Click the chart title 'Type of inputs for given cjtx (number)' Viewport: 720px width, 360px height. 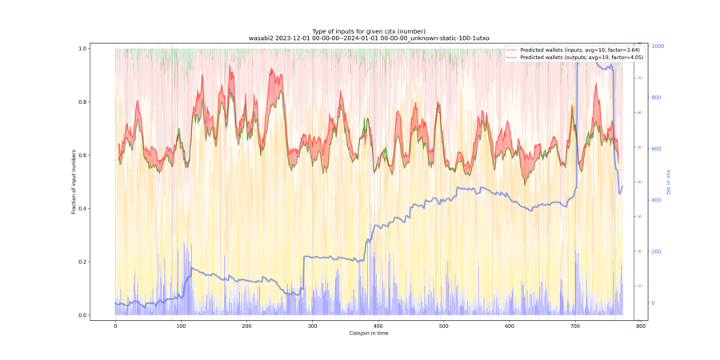coord(369,31)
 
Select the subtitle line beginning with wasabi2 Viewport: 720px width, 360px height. coord(369,38)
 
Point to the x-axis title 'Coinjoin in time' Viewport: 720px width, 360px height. coord(369,334)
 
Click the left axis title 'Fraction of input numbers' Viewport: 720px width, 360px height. coord(74,182)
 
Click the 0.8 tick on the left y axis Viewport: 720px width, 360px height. coord(82,102)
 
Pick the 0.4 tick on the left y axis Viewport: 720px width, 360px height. coord(82,209)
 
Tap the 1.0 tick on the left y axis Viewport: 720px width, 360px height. coord(82,49)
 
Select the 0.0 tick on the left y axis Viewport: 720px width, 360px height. coord(82,315)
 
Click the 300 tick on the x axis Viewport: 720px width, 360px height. coord(312,326)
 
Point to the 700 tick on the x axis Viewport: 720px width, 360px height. coord(574,326)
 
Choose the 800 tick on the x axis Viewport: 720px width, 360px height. coord(640,326)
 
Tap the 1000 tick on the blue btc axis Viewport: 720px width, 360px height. coord(658,46)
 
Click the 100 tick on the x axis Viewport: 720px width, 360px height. coord(181,326)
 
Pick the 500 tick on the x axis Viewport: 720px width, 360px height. coord(443,326)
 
